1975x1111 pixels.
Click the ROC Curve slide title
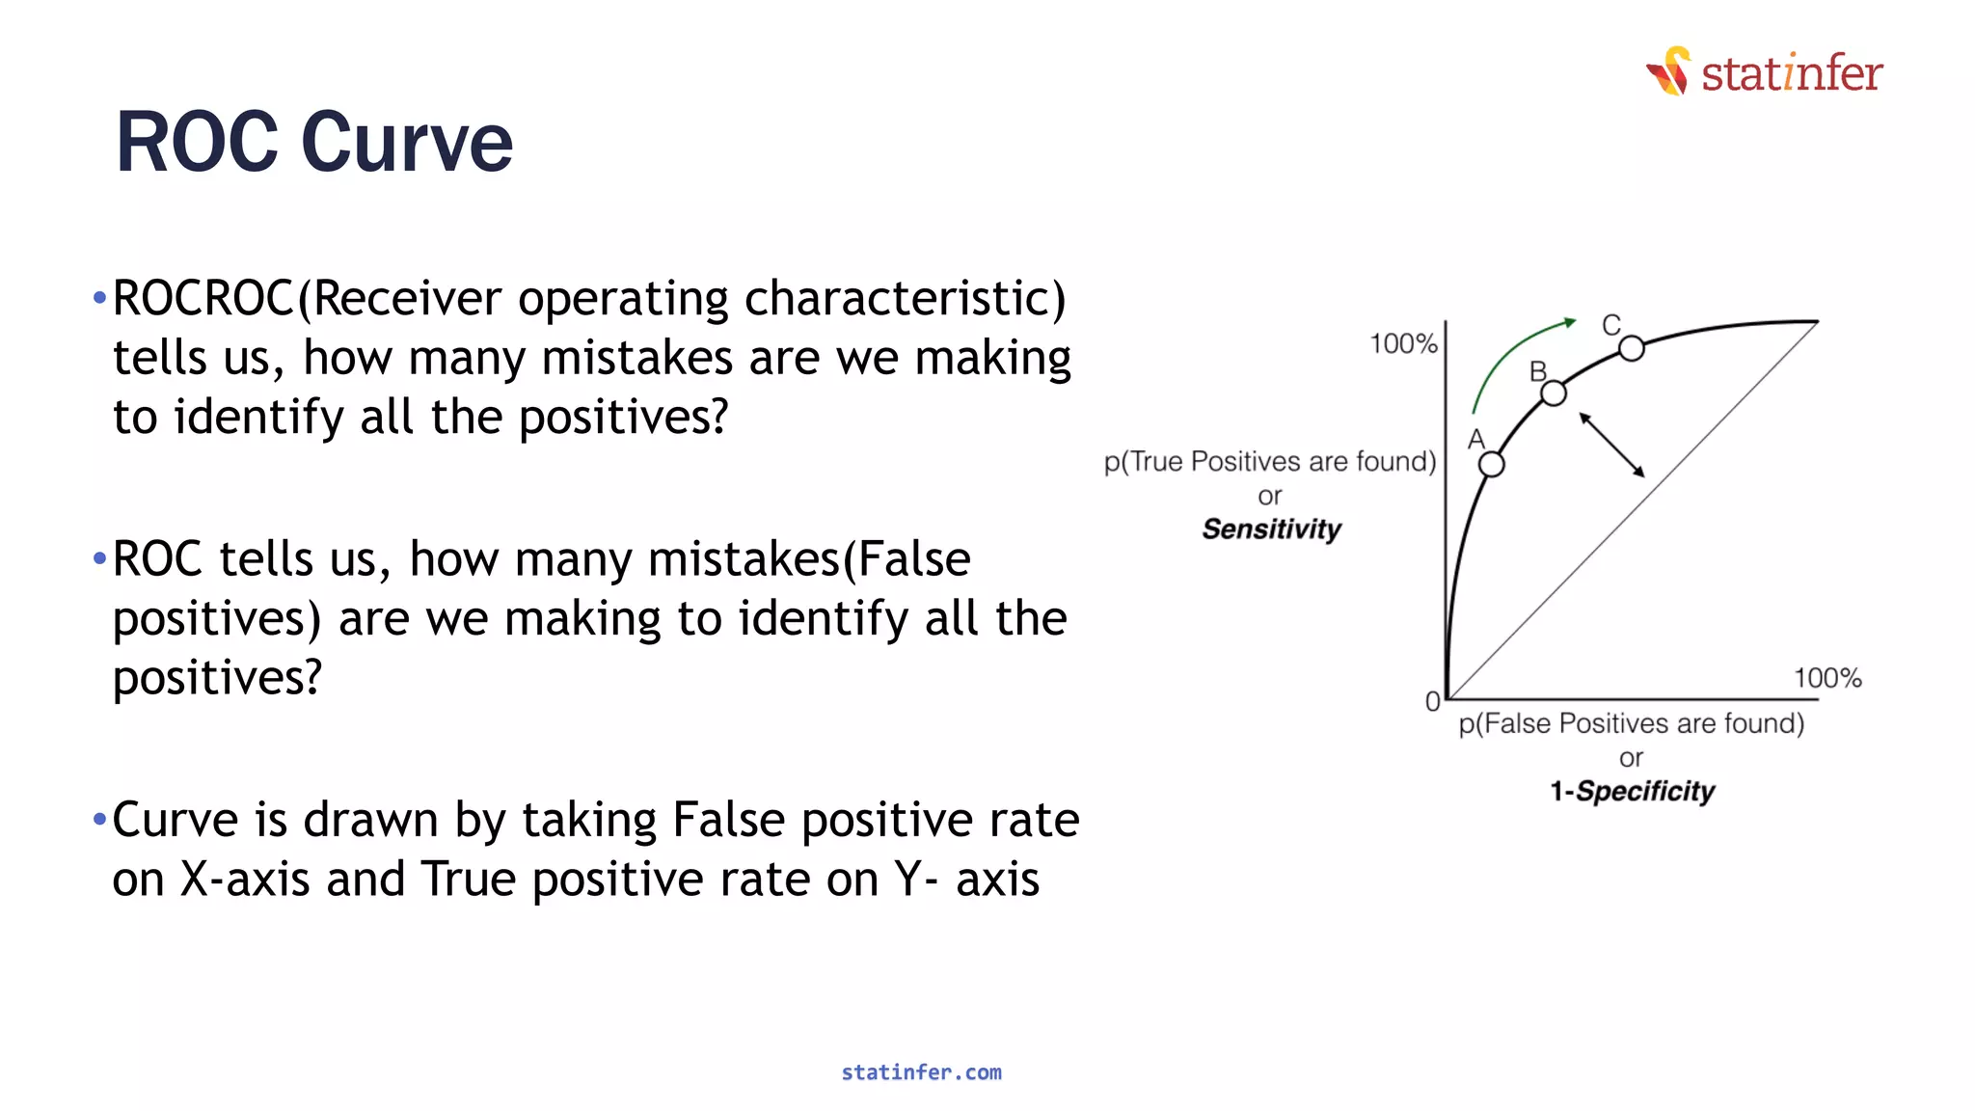pyautogui.click(x=313, y=143)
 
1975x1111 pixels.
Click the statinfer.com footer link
pyautogui.click(x=921, y=1072)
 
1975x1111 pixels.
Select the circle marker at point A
pyautogui.click(x=1491, y=465)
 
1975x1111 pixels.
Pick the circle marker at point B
pyautogui.click(x=1553, y=393)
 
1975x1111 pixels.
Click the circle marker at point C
pyautogui.click(x=1631, y=348)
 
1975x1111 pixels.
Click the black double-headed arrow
pyautogui.click(x=1611, y=445)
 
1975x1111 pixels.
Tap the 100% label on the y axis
pyautogui.click(x=1403, y=344)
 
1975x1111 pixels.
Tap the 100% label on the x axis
pyautogui.click(x=1826, y=678)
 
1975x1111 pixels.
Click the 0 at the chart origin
pyautogui.click(x=1432, y=702)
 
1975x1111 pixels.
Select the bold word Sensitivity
pyautogui.click(x=1271, y=529)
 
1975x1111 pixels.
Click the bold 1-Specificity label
pyautogui.click(x=1632, y=792)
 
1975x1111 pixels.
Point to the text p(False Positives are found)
pyautogui.click(x=1631, y=723)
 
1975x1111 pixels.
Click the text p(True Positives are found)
pyautogui.click(x=1270, y=462)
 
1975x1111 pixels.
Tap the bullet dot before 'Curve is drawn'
pyautogui.click(x=99, y=820)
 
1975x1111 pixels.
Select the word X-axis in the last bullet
pyautogui.click(x=245, y=880)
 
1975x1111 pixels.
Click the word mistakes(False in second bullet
pyautogui.click(x=808, y=560)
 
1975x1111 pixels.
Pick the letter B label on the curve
pyautogui.click(x=1538, y=371)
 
